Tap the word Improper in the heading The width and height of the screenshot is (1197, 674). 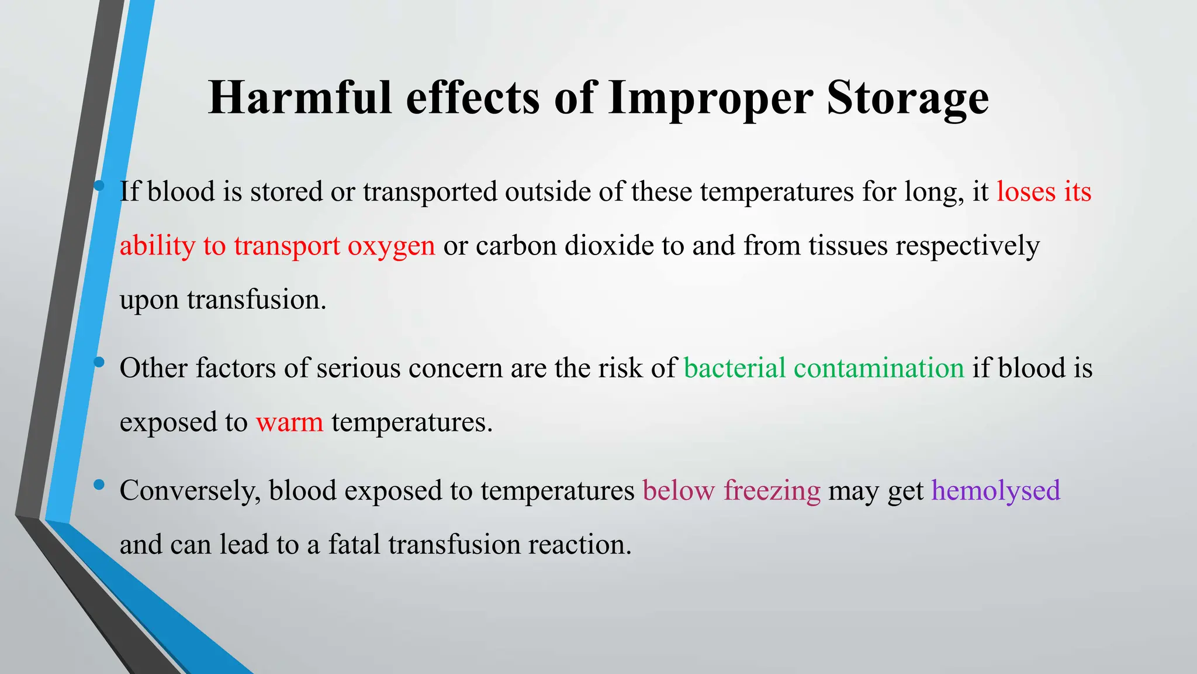pyautogui.click(x=710, y=97)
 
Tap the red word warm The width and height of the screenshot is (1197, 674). pyautogui.click(x=289, y=422)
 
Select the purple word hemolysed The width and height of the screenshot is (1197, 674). pyautogui.click(x=995, y=490)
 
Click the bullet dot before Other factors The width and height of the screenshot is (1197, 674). pyautogui.click(x=99, y=362)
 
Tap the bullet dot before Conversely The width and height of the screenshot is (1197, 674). pyautogui.click(x=99, y=484)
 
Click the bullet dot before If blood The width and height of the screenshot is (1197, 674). pyautogui.click(x=99, y=186)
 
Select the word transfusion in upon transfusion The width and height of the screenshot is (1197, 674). pyautogui.click(x=256, y=300)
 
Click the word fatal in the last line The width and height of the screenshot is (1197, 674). pyautogui.click(x=354, y=544)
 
